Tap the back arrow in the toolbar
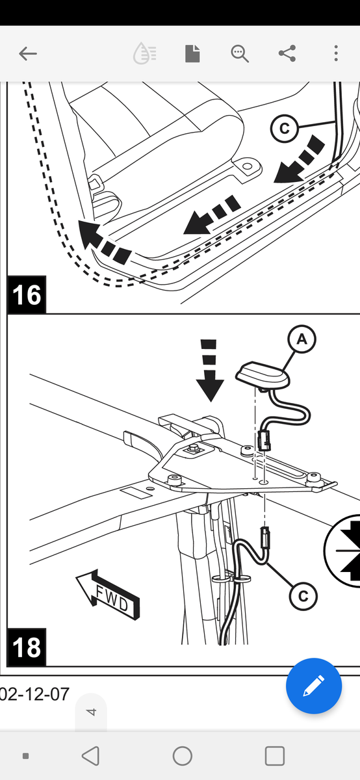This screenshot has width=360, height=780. click(27, 53)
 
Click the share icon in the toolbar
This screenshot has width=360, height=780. click(287, 53)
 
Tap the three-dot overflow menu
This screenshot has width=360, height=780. click(335, 53)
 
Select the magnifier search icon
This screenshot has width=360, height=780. click(240, 53)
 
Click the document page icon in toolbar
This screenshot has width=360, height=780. click(192, 53)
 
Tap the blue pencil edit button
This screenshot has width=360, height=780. click(314, 686)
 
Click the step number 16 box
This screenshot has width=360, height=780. click(27, 294)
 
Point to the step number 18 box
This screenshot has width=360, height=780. click(27, 647)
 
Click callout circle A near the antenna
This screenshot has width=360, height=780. click(302, 339)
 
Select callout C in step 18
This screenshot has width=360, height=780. click(303, 596)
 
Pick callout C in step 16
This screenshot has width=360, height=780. click(285, 129)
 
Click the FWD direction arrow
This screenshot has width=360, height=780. click(108, 594)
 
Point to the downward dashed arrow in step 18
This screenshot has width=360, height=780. click(210, 370)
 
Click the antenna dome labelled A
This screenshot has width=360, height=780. click(263, 376)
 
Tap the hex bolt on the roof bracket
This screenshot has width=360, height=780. click(192, 448)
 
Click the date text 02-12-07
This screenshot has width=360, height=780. click(34, 694)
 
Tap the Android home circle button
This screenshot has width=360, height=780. click(183, 756)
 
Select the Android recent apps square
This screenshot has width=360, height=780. click(275, 755)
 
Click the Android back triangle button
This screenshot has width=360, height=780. click(90, 755)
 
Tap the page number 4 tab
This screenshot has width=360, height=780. click(91, 712)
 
